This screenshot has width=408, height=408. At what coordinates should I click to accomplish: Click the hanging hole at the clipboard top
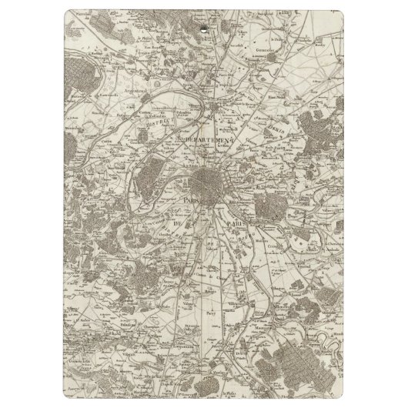pos(204,31)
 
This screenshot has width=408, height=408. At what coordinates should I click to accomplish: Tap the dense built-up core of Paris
pos(208,183)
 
